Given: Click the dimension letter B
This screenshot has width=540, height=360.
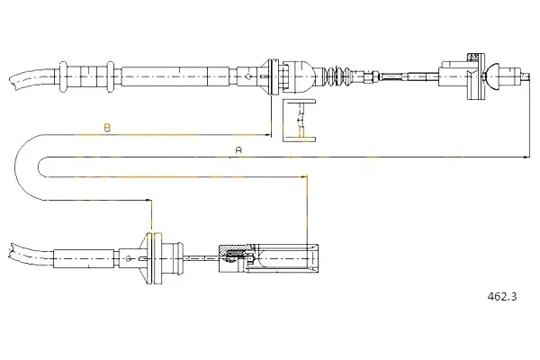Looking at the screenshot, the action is (107, 128).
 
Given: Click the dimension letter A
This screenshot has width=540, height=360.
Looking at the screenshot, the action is (238, 150).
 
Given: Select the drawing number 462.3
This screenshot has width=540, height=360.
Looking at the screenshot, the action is (502, 296).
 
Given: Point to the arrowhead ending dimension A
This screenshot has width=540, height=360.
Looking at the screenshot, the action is (526, 157).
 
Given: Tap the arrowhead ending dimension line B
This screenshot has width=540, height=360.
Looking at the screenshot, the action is (268, 135).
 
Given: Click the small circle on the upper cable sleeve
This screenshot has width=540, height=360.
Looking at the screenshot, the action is (247, 76).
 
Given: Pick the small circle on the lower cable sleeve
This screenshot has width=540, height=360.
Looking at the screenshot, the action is (129, 258).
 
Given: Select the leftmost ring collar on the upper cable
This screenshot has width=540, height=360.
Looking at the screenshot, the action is (63, 76).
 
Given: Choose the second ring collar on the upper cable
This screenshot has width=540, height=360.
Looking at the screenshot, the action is (110, 76).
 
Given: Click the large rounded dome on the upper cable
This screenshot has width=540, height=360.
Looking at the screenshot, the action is (302, 76).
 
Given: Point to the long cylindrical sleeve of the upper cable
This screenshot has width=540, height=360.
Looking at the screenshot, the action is (175, 76).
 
